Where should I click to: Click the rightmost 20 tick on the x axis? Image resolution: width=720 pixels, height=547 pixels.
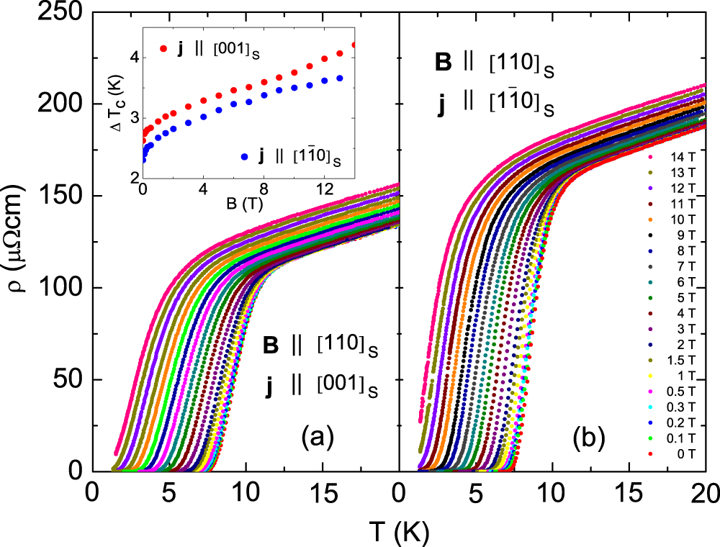click(x=705, y=492)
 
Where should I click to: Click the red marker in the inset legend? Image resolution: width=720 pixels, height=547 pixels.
click(x=163, y=50)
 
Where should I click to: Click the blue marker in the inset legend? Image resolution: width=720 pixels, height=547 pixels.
click(x=246, y=156)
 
